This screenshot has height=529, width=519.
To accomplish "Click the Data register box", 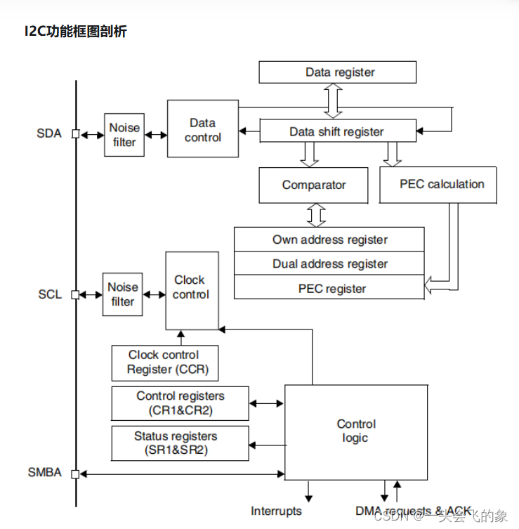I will point(337,72).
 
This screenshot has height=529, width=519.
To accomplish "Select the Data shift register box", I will point(336,131).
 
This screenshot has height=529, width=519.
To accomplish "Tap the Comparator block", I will point(313,185).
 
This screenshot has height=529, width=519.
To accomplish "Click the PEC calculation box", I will point(438,185).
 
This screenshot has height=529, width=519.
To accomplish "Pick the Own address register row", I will point(329,240).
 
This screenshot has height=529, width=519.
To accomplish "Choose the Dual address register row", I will point(329,264).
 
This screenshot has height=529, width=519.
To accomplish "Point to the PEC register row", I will point(329,288).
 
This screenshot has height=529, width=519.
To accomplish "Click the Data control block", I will point(202,129).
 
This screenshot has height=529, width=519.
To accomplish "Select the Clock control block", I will point(191,289).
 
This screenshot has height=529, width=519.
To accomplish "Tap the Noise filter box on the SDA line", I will point(124,135).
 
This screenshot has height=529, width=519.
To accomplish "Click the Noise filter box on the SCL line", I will point(122,294).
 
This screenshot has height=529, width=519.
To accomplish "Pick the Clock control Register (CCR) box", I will point(164,363).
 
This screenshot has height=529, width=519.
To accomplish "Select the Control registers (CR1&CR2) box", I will point(180,403).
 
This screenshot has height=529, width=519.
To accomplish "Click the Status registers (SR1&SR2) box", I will point(180,443).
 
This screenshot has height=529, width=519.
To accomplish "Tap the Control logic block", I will point(355,431).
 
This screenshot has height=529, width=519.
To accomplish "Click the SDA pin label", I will point(49,133).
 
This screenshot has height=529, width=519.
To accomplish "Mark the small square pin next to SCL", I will point(76,294).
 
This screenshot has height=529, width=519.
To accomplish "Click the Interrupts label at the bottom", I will point(276,511).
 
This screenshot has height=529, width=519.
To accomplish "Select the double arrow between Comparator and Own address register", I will point(317,214).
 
